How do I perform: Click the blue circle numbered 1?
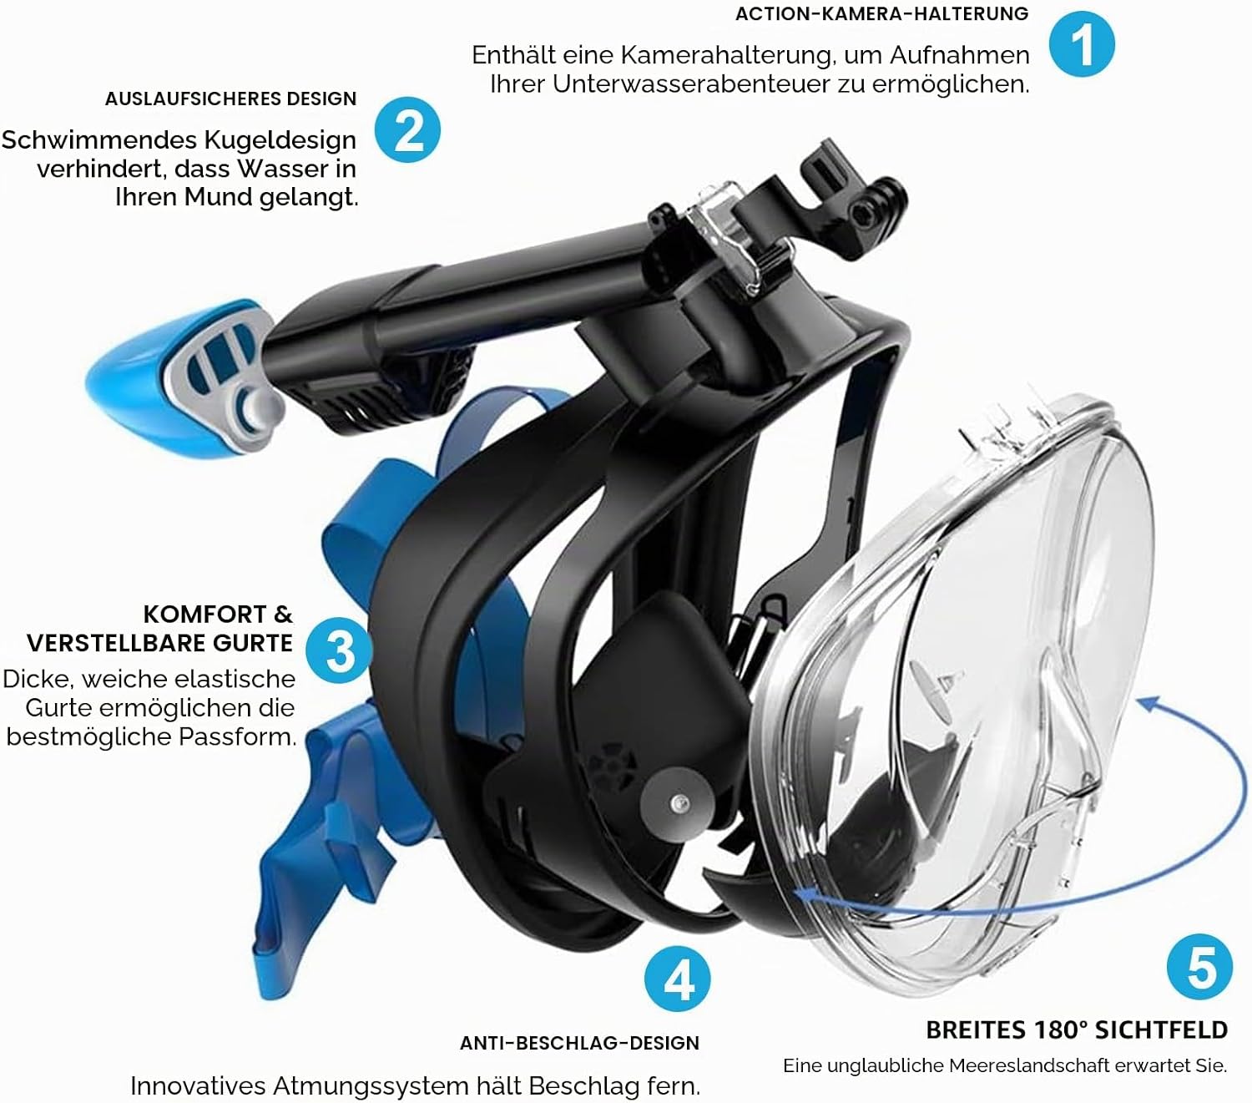(x=1082, y=44)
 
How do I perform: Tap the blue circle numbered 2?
(x=408, y=129)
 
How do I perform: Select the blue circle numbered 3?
(x=339, y=650)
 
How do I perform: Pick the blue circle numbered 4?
(x=677, y=979)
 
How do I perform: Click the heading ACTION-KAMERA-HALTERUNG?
(x=882, y=13)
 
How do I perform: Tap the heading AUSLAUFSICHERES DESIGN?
(x=230, y=99)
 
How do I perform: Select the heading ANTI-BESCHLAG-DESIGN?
(x=579, y=1043)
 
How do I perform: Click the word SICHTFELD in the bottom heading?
(x=1161, y=1030)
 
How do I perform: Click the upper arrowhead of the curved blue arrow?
(x=1149, y=703)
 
